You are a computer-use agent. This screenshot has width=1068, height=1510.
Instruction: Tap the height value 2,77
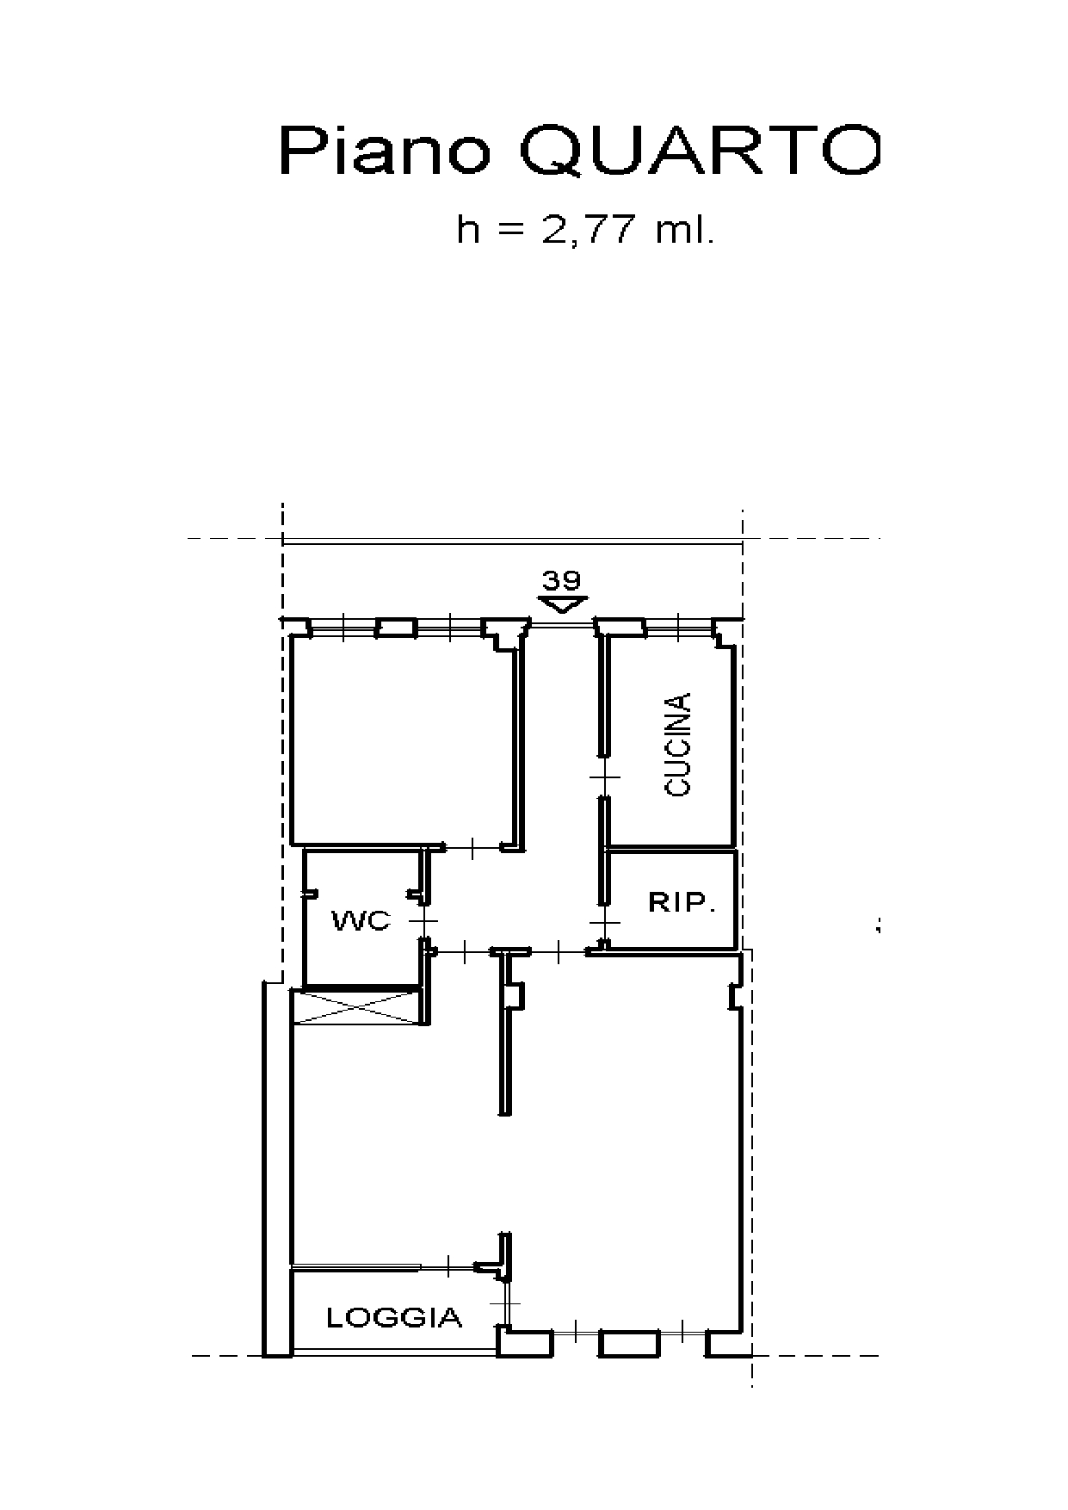point(589,231)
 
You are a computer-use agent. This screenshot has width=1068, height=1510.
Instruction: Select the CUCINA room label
point(678,744)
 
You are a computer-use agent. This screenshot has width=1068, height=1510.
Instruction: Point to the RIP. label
point(682,903)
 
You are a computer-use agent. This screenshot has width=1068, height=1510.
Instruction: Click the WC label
point(361,921)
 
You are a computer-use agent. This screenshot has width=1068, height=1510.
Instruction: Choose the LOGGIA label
point(394,1316)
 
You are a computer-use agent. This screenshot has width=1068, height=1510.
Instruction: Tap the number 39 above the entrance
point(561,579)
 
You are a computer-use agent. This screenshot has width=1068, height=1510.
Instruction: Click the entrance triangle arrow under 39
point(561,604)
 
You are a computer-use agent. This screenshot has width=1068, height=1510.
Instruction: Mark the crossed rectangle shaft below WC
point(356,1007)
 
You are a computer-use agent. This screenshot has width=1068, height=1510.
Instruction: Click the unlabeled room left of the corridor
point(404,740)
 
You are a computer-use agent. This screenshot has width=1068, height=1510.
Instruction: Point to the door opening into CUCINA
point(605,777)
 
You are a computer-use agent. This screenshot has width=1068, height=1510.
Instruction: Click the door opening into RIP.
point(605,923)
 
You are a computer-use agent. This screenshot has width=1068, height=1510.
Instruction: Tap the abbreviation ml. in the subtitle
point(685,231)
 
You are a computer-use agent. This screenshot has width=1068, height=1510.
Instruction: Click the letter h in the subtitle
point(469,231)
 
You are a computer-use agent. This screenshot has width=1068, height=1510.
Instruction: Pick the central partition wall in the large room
point(504,1033)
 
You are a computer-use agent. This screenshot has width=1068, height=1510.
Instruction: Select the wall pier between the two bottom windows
point(628,1343)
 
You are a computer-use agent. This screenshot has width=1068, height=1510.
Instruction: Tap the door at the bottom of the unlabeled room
point(473,849)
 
